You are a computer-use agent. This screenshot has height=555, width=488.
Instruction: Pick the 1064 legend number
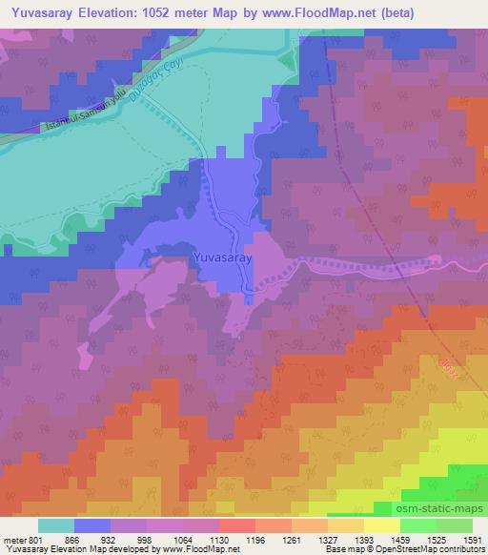tap(183, 540)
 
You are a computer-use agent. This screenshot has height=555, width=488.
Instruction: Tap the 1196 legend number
tap(254, 540)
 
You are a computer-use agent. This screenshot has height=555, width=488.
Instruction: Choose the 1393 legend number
tap(363, 540)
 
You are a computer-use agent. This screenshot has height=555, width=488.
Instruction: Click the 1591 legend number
tap(471, 540)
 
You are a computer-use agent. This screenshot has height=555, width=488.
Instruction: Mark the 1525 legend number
tap(436, 540)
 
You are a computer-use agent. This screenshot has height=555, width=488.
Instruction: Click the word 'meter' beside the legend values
tap(14, 540)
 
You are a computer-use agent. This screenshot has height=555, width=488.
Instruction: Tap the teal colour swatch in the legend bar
tap(56, 525)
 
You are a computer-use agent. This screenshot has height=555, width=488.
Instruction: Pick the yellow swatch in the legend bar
tap(381, 525)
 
